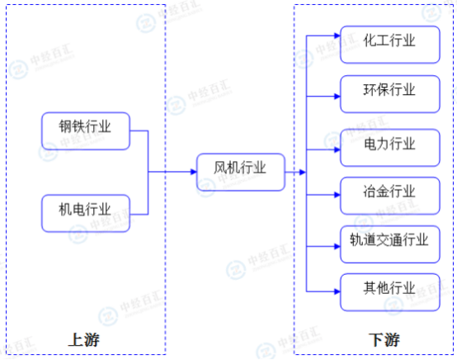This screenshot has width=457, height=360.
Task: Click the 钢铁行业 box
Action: click(x=86, y=131)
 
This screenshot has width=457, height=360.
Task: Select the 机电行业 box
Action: click(x=86, y=214)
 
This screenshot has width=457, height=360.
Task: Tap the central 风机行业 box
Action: click(x=241, y=172)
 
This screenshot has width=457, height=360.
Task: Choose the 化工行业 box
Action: click(x=390, y=45)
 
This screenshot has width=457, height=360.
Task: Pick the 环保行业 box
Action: click(x=390, y=94)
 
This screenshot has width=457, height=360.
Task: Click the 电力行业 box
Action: click(x=390, y=148)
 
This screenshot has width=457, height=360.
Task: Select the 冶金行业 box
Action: click(x=390, y=196)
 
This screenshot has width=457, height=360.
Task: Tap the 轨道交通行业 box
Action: click(x=390, y=244)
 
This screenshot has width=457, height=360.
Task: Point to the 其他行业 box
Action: click(x=390, y=292)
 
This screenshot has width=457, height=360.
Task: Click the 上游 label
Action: click(x=84, y=340)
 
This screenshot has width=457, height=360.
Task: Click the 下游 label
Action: click(x=384, y=340)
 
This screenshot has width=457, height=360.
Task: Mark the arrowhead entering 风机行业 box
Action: click(x=194, y=172)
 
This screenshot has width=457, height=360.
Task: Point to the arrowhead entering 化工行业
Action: click(x=337, y=36)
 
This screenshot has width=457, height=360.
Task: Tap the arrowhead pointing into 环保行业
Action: click(x=337, y=97)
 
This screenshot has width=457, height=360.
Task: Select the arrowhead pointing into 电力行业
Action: click(x=337, y=149)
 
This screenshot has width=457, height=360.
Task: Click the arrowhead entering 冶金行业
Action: click(x=337, y=195)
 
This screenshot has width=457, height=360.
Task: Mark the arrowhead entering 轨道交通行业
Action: click(x=337, y=247)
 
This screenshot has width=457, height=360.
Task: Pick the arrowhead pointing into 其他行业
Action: click(x=337, y=291)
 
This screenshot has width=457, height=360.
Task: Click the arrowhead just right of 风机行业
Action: click(x=303, y=172)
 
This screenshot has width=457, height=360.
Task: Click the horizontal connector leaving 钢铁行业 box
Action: click(x=139, y=130)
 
